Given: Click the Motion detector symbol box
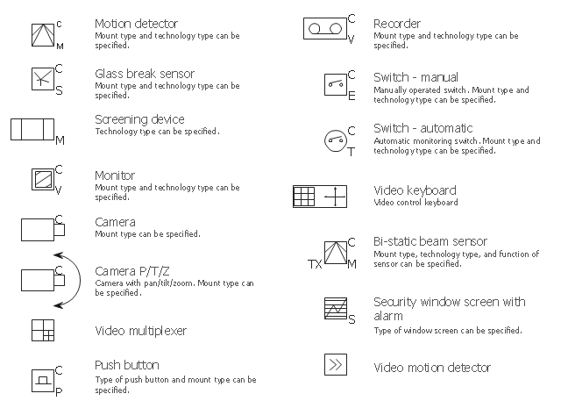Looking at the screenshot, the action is point(43,35).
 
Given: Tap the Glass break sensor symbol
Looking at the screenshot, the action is point(43,79).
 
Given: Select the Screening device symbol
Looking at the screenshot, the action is point(32,129).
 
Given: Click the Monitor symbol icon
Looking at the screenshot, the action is point(43,179).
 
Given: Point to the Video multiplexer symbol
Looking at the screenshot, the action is point(43,330).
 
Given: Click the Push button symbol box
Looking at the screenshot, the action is point(43,381).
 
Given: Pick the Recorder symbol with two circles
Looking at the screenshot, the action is point(325,29).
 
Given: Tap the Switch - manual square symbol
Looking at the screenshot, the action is point(336,84).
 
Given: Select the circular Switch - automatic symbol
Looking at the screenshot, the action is point(336,140).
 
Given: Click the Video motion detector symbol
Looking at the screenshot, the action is point(336,365).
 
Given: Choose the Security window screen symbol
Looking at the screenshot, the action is point(336,308).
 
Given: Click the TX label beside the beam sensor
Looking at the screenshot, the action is point(315,264).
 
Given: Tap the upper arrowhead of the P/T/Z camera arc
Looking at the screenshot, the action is point(58,255).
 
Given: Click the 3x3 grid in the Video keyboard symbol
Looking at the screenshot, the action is point(304,197).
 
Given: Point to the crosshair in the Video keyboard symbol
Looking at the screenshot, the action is point(335,197).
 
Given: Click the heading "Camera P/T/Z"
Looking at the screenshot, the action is point(132,271).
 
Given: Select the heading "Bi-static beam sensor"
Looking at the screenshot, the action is point(430,241).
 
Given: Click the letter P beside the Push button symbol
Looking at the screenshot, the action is point(59,392).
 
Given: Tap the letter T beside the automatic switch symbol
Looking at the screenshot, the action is point(352,153).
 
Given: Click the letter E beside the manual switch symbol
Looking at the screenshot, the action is point(352,96).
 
